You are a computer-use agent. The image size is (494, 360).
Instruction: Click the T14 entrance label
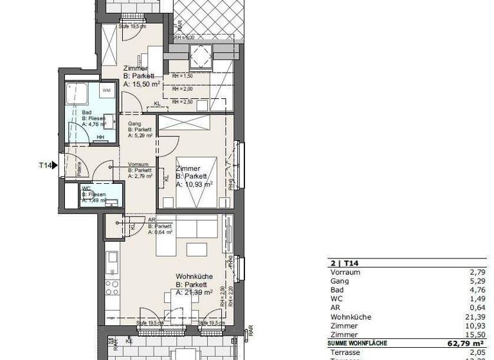45,166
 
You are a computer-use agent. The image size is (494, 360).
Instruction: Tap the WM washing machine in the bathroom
106,91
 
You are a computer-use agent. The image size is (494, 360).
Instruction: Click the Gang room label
134,123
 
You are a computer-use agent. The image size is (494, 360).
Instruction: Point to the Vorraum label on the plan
140,164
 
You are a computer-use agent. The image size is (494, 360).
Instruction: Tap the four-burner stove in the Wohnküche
113,287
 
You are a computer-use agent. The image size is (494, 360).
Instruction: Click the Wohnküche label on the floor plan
195,276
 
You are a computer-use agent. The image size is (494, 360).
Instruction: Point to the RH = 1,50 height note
182,76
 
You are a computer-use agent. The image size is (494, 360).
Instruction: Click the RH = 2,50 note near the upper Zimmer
182,101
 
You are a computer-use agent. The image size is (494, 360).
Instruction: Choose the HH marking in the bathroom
100,136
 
